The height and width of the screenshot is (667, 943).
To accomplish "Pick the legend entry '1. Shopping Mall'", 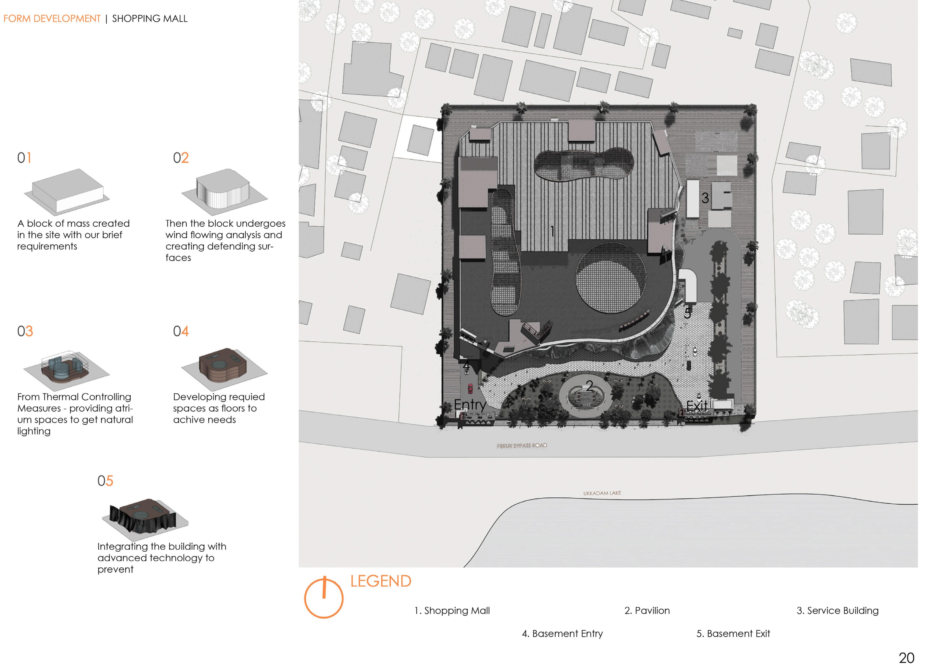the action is coord(452,611).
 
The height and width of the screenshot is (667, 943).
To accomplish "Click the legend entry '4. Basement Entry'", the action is coord(562,634).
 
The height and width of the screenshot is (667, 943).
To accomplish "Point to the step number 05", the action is coord(105,481).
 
